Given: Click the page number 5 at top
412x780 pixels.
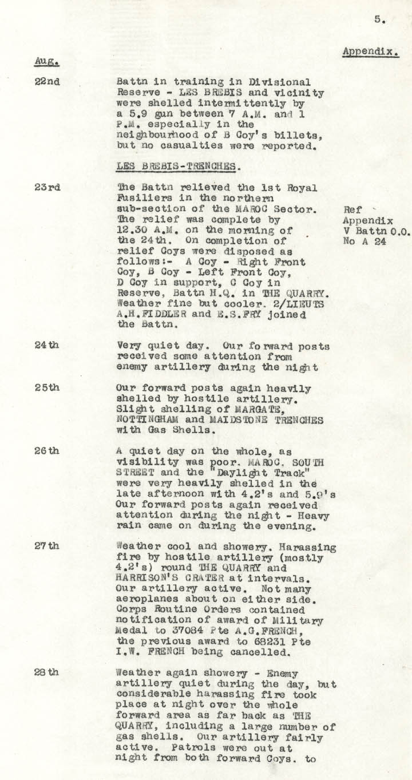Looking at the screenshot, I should (379, 19).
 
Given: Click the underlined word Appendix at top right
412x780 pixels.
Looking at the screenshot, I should (370, 52).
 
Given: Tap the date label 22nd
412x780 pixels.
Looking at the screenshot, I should (47, 81).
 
